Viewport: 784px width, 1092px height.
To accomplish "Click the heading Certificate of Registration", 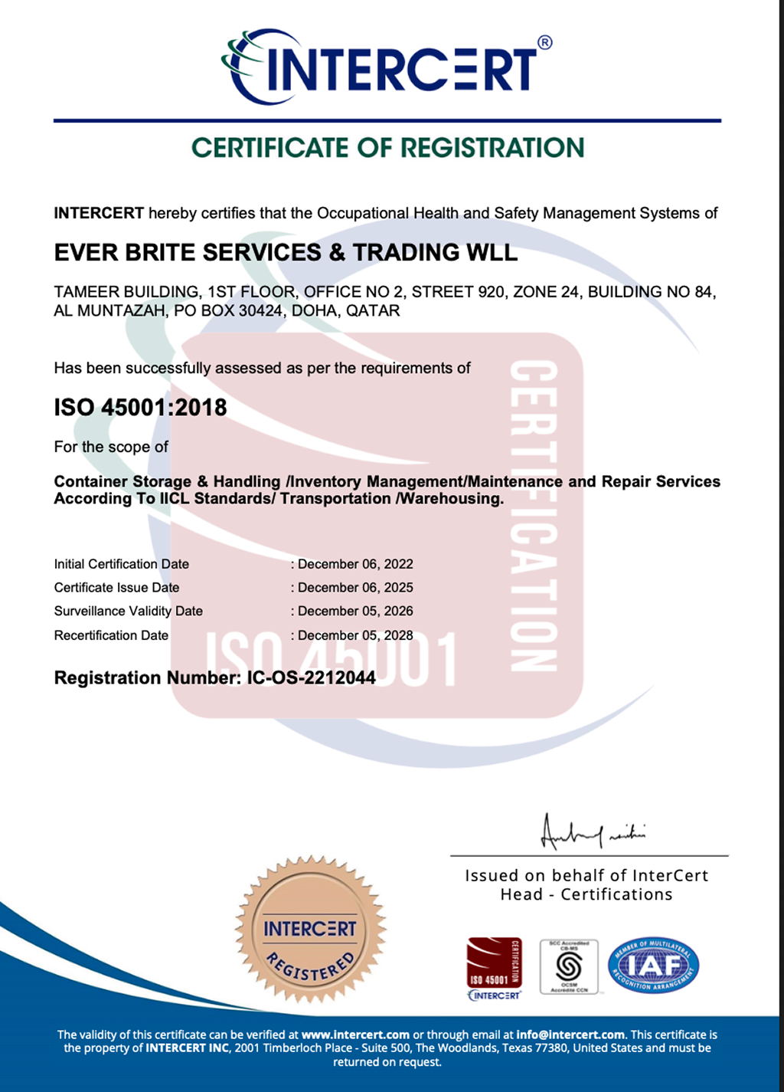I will (x=387, y=148).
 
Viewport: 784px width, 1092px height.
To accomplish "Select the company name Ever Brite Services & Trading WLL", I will (x=286, y=253).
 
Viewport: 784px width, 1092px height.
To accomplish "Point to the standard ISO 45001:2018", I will (x=140, y=408).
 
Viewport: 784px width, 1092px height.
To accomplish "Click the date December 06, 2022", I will (x=355, y=564).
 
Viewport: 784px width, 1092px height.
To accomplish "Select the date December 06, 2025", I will (x=355, y=588).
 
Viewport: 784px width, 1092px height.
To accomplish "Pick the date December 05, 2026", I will (x=355, y=612).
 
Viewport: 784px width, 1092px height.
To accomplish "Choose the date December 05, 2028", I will (x=355, y=635).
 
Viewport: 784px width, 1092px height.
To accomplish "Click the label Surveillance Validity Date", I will (x=129, y=612).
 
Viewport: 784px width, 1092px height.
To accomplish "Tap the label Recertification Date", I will (x=111, y=635).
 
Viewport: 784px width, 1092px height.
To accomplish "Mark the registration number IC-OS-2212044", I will (x=311, y=678).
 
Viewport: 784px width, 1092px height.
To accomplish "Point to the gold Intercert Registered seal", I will (x=310, y=930).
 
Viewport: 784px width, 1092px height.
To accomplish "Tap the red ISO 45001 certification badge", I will (x=494, y=963).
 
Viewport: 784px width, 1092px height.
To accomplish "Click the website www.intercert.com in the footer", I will (x=355, y=1035).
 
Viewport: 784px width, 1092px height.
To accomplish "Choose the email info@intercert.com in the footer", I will (x=570, y=1035).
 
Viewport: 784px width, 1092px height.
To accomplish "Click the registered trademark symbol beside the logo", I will (x=545, y=43).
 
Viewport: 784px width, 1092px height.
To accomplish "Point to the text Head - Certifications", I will (x=586, y=895).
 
